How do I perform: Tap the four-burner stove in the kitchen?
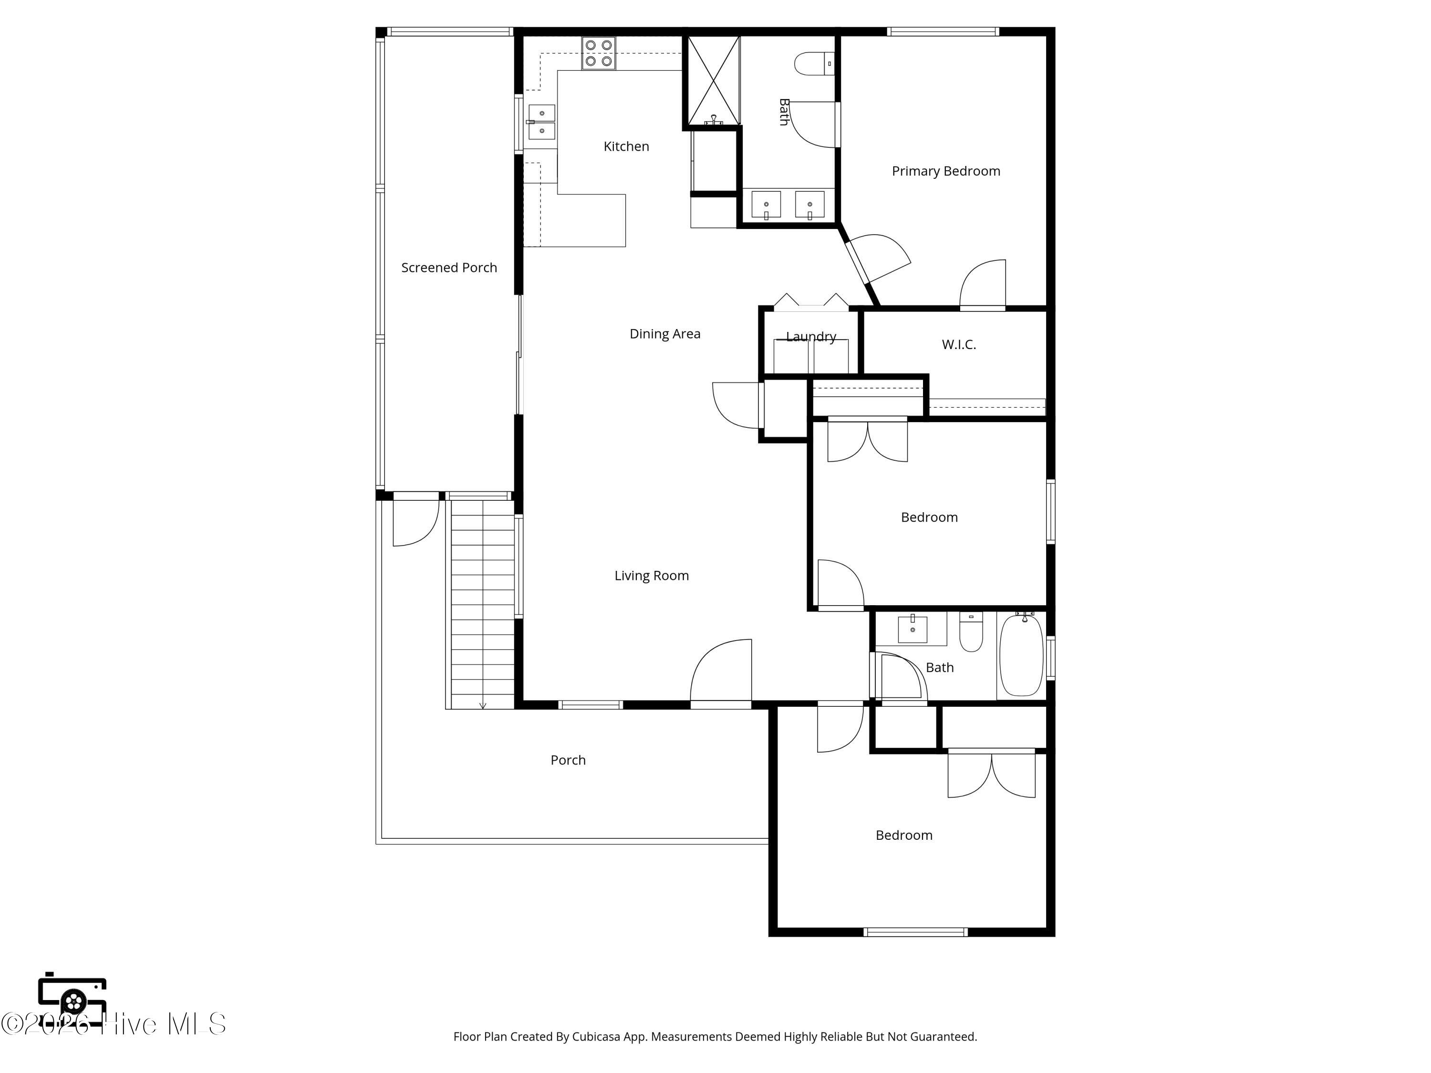[x=599, y=53]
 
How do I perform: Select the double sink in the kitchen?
[x=541, y=122]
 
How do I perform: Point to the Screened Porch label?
[x=449, y=268]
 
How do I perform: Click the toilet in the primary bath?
[x=814, y=64]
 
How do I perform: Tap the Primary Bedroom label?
[x=946, y=171]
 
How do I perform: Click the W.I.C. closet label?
[x=959, y=345]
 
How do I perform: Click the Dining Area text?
[x=665, y=334]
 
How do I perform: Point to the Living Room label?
[x=652, y=576]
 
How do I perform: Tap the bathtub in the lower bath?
[x=1022, y=655]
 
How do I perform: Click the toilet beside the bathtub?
[x=971, y=632]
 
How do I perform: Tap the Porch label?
[x=568, y=761]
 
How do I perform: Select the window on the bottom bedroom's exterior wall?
[x=915, y=932]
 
